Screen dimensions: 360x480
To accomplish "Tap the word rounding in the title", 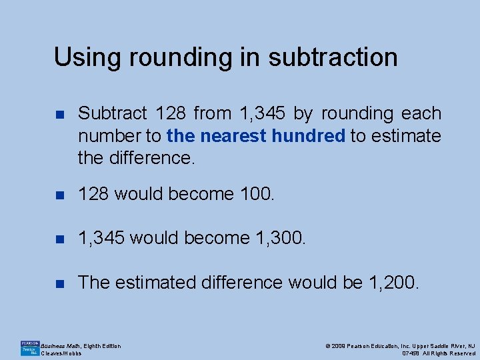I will pyautogui.click(x=169, y=57).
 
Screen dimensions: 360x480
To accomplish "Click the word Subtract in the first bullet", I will pyautogui.click(x=111, y=114).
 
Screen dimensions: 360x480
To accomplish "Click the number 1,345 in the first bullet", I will pyautogui.click(x=261, y=114).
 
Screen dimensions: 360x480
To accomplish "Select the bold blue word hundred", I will pyautogui.click(x=307, y=136).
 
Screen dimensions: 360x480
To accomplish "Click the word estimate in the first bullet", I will pyautogui.click(x=406, y=136).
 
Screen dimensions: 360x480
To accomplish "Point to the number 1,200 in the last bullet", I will pyautogui.click(x=394, y=283).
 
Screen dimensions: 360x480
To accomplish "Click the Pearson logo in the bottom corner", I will pyautogui.click(x=29, y=348).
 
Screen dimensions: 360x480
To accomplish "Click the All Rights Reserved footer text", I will pyautogui.click(x=448, y=353).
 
